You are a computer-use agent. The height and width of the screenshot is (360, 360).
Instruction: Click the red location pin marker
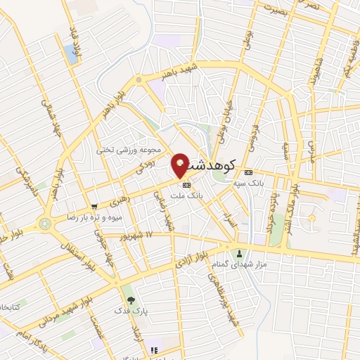[x=181, y=166]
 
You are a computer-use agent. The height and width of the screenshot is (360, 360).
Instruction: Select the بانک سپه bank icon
[x=247, y=172]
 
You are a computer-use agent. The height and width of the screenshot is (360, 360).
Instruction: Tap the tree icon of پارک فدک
[x=130, y=300]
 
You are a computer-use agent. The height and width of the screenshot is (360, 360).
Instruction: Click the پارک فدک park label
[x=131, y=310]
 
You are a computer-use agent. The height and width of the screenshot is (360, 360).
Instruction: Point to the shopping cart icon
[x=94, y=207]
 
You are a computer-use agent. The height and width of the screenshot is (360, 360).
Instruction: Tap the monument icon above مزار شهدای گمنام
[x=240, y=254]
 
